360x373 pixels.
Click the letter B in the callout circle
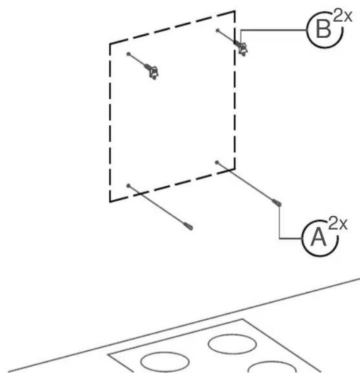click(323, 29)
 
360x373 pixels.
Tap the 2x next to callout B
click(343, 15)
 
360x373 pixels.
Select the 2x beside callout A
click(338, 224)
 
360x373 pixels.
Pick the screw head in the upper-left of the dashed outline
click(154, 72)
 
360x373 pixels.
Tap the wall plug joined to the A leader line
click(277, 203)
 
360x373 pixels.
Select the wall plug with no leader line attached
click(188, 226)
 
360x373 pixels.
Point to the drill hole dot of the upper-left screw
click(129, 54)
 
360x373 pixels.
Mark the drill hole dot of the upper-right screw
click(217, 30)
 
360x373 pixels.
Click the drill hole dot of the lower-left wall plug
click(129, 186)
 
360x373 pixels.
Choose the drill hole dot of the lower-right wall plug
click(216, 163)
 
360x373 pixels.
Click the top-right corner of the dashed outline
click(235, 11)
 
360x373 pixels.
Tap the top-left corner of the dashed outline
click(110, 44)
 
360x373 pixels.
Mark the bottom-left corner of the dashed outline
click(110, 202)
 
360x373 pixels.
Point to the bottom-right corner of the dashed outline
click(235, 169)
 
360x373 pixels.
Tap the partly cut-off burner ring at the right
click(272, 362)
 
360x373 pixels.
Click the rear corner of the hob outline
click(243, 319)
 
